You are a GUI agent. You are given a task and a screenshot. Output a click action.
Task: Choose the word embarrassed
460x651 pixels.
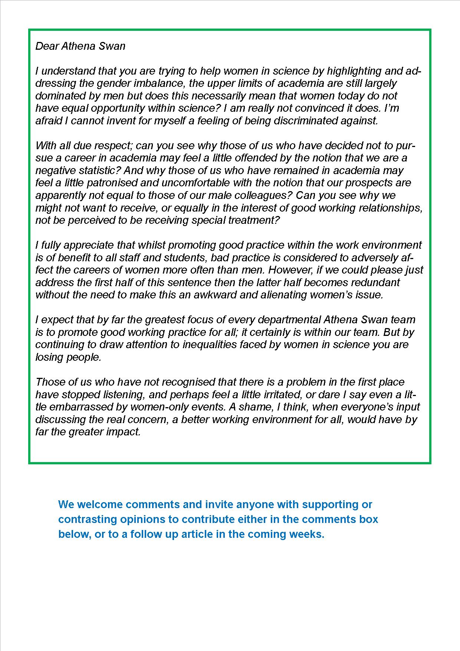82,407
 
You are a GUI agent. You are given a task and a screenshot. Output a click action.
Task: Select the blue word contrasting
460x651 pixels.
88,519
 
